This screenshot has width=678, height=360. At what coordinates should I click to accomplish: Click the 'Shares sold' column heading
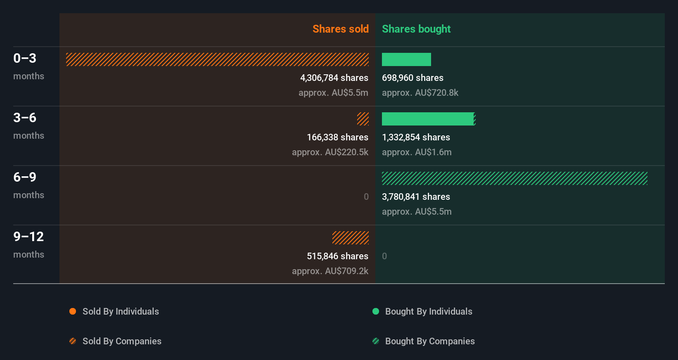(340, 29)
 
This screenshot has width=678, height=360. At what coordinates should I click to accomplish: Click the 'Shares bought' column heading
(416, 29)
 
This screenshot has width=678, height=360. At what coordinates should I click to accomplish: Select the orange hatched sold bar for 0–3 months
(217, 59)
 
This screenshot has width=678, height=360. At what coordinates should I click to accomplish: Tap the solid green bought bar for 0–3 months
(406, 59)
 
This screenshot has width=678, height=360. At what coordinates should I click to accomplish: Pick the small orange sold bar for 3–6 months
(363, 119)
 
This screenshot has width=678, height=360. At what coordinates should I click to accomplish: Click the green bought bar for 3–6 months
(428, 119)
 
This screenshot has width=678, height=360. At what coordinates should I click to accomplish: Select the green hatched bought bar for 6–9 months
(514, 178)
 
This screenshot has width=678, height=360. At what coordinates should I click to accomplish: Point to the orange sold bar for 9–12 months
(351, 238)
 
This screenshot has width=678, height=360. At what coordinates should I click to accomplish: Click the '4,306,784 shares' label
(334, 78)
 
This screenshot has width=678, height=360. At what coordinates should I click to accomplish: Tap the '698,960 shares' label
(412, 78)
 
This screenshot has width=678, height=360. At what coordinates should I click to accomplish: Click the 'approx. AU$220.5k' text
(330, 152)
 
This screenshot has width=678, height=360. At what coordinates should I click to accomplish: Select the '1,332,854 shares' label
(416, 137)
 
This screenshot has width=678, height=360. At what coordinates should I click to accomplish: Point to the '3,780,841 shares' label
(416, 197)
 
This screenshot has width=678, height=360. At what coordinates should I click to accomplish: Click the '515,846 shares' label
(337, 256)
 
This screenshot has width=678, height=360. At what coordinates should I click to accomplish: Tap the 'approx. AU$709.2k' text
(330, 271)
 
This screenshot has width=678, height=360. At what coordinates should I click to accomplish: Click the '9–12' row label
(28, 237)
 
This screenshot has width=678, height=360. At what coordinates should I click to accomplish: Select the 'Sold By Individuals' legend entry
(120, 312)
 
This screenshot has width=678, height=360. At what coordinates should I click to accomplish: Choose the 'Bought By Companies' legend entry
(429, 341)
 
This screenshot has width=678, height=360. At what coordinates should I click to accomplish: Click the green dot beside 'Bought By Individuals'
(376, 311)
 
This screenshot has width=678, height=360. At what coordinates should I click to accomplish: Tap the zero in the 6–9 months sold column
(366, 197)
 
